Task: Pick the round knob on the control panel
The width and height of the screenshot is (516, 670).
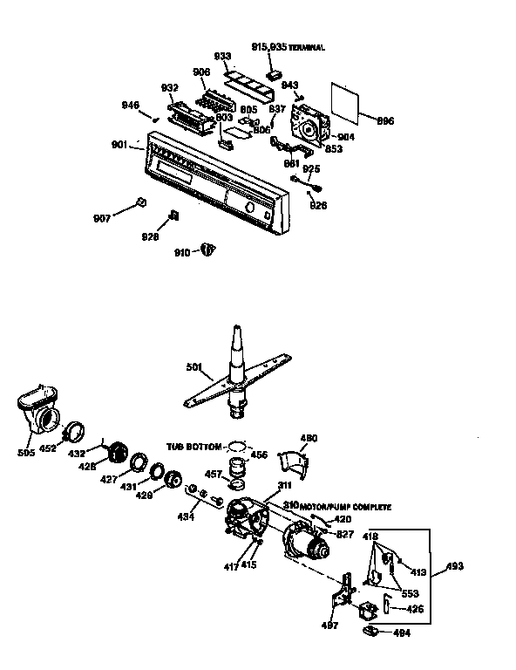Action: [250, 209]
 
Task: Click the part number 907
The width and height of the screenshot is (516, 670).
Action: [103, 216]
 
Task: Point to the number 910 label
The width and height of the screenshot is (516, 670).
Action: [181, 252]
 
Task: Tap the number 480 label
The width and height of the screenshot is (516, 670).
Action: [309, 438]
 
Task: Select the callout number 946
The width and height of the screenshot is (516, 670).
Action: [130, 106]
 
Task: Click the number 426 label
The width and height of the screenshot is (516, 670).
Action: [415, 608]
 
